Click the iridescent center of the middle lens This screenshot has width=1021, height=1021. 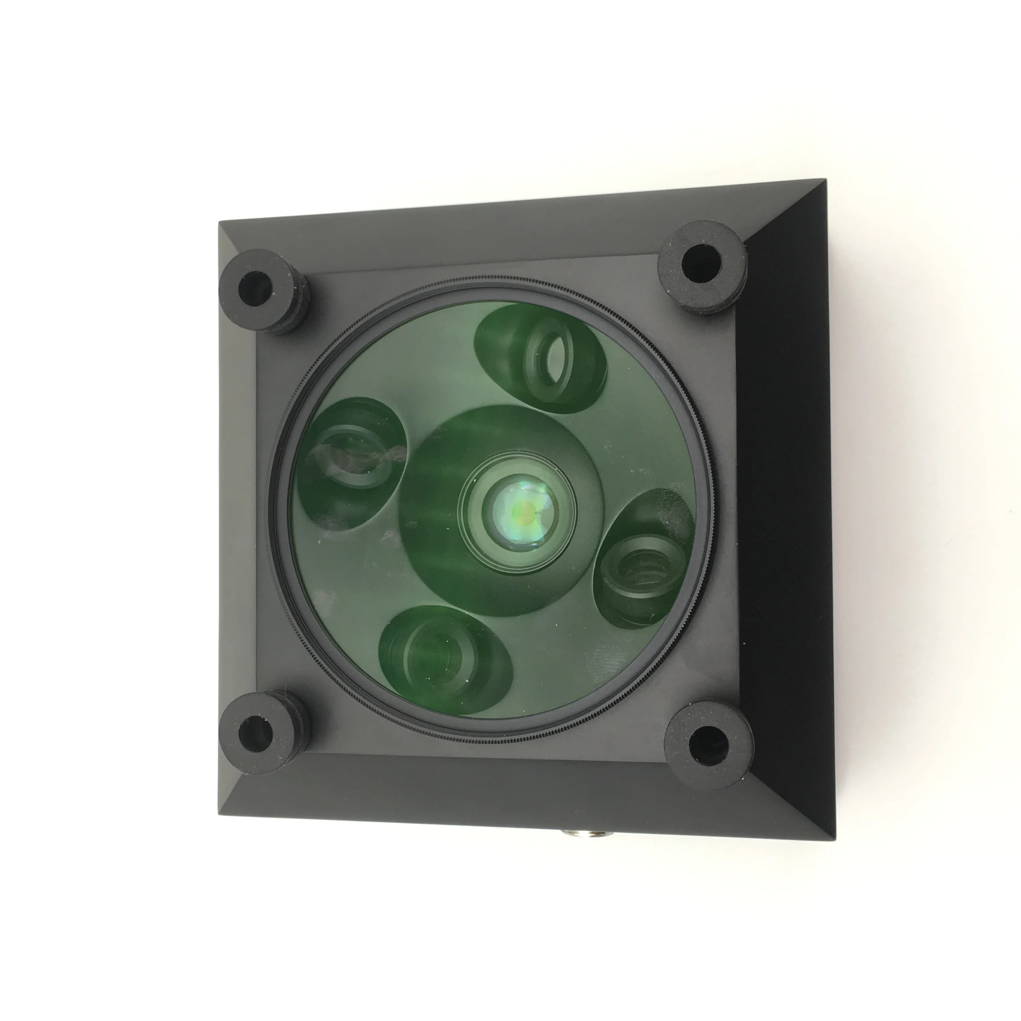point(521,511)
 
